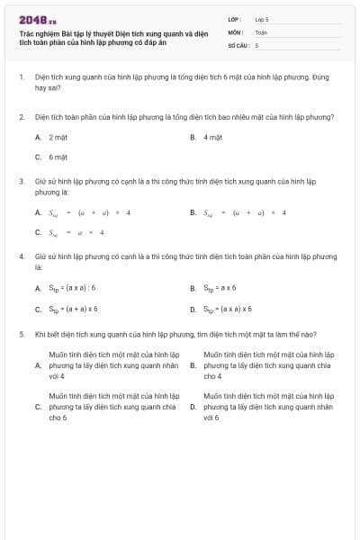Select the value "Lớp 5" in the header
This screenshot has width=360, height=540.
coord(262,18)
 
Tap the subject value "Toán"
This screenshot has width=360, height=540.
coord(261,31)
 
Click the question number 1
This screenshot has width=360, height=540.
coord(21,78)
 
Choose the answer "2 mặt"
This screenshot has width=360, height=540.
coord(58,137)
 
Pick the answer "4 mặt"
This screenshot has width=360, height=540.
coord(212,137)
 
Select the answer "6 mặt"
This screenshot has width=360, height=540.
coord(58,156)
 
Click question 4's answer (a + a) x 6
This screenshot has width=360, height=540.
coord(74,309)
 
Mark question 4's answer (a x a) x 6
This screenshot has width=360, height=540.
coord(229,309)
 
